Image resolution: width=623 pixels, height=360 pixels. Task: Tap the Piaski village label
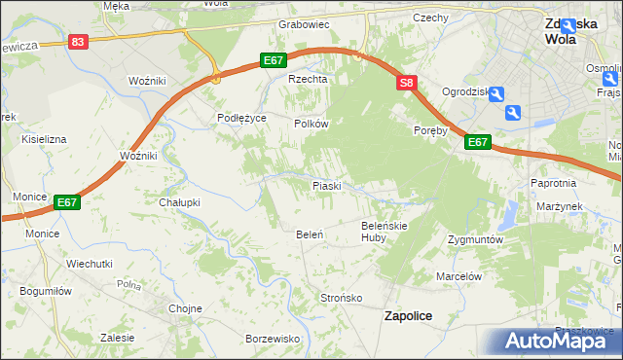pyautogui.click(x=325, y=185)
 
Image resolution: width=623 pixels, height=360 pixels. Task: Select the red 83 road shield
pyautogui.click(x=79, y=42)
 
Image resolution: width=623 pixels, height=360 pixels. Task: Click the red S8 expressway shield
pyautogui.click(x=407, y=85)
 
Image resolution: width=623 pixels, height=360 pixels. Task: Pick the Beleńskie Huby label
pyautogui.click(x=384, y=231)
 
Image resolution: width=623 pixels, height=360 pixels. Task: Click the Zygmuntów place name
pyautogui.click(x=474, y=239)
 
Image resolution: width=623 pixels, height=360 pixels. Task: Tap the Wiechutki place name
pyautogui.click(x=90, y=264)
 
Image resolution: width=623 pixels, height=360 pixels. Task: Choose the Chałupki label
pyautogui.click(x=179, y=202)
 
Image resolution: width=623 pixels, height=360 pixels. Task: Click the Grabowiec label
pyautogui.click(x=305, y=24)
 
